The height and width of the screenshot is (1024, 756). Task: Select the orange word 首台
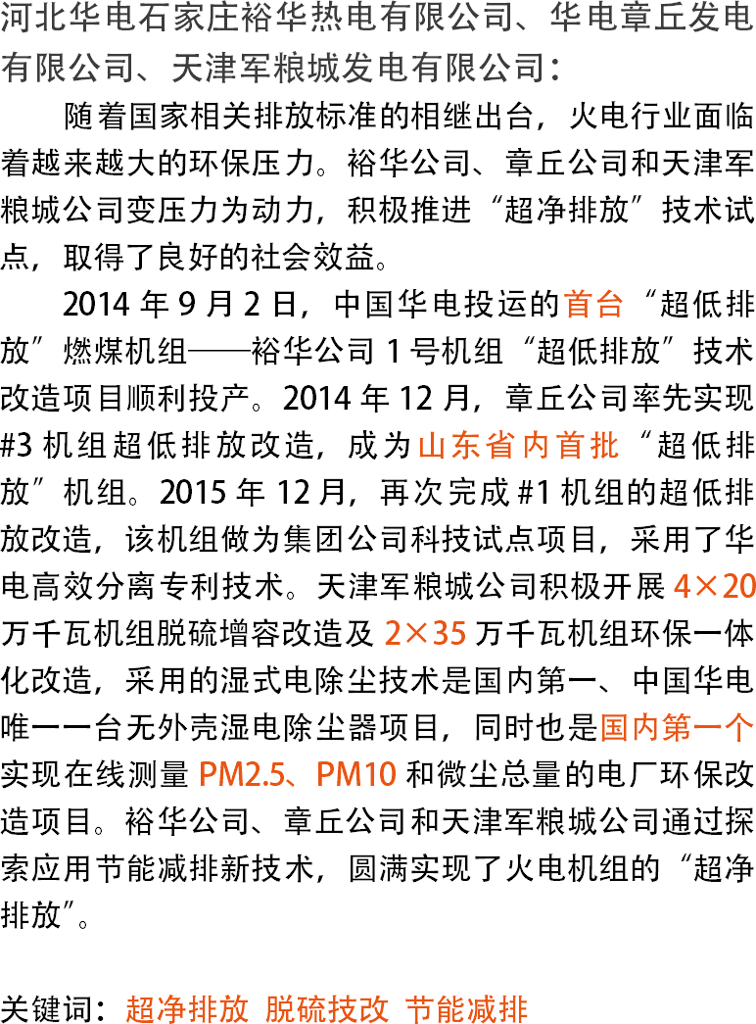(x=593, y=305)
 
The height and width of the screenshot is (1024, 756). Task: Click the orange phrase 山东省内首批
(x=519, y=447)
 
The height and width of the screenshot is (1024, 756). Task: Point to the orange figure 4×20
(x=714, y=587)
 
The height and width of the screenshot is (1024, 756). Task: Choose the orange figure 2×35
(x=424, y=635)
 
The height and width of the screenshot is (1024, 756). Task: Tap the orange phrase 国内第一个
(x=677, y=728)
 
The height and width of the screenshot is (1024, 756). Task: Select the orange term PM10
(x=357, y=775)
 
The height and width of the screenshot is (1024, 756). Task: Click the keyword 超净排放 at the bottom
(x=187, y=1009)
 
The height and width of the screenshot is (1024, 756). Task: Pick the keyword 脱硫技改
(x=327, y=1009)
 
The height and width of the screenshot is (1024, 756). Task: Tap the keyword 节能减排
(x=467, y=1009)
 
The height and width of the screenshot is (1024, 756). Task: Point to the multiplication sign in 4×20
(x=708, y=588)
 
